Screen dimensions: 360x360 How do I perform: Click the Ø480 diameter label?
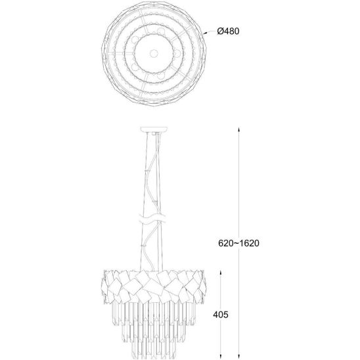point(228,32)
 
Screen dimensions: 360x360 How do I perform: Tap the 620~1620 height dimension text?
point(238,243)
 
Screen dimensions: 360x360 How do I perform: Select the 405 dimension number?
point(221,315)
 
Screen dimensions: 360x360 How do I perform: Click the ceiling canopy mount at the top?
point(154,129)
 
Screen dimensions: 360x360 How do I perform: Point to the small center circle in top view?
point(154,54)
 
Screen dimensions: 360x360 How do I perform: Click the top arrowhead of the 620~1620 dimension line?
point(238,129)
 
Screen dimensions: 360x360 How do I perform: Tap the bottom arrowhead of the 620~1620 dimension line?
point(238,357)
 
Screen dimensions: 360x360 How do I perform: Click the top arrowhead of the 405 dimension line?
point(221,273)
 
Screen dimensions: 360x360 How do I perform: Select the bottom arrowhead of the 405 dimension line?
point(221,357)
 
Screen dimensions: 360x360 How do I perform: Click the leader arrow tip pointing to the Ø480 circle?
point(204,34)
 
